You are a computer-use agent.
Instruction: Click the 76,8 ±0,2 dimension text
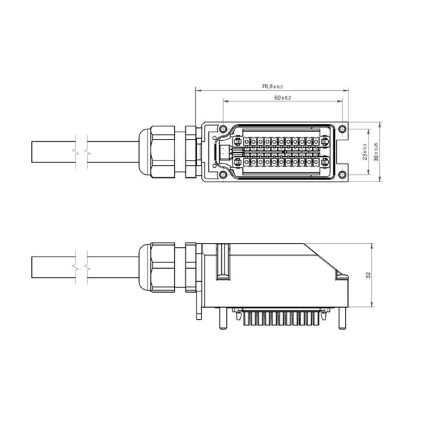coord(272,86)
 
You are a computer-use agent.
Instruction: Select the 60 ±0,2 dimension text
coord(283,98)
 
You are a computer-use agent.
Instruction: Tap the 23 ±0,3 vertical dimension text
coord(364,152)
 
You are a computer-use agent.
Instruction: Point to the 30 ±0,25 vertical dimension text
coord(376,152)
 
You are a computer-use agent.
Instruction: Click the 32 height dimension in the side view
coord(368,275)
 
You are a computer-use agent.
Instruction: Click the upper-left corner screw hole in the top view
coord(223,129)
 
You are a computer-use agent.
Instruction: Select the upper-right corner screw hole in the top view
coord(343,129)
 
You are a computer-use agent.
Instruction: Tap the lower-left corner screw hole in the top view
coord(223,175)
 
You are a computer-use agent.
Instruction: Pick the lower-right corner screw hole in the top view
coord(343,175)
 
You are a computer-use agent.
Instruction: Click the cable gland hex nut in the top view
coord(162,151)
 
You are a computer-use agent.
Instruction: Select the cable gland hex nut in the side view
coord(162,267)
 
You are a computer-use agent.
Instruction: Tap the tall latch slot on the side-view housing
coord(223,261)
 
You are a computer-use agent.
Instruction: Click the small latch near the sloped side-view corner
coord(340,275)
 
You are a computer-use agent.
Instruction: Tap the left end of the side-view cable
coord(33,267)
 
